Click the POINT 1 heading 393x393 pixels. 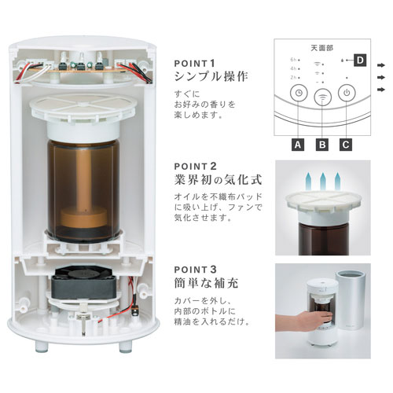point(195,64)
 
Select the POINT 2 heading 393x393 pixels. point(196,167)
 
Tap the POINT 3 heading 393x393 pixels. point(196,270)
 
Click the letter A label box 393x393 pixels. point(298,145)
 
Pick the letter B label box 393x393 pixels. point(322,145)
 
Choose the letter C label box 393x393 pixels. point(346,145)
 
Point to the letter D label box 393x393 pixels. point(360,61)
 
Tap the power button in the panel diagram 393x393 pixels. point(347,93)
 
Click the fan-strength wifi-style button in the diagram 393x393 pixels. point(322,97)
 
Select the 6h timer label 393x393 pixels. point(293,60)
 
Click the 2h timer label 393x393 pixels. point(293,78)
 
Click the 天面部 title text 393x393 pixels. point(322,48)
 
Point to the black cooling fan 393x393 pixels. point(84,283)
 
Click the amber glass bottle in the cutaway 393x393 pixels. point(84,190)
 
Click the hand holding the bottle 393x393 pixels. point(304,321)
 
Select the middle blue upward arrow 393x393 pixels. point(323,182)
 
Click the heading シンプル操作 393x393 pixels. point(211,77)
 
